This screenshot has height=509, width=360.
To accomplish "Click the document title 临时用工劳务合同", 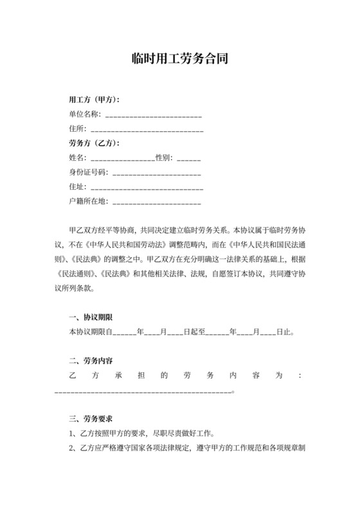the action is click(x=180, y=59).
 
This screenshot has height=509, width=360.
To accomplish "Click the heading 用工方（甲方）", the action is click(x=94, y=100).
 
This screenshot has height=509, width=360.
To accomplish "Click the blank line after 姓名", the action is click(x=122, y=157).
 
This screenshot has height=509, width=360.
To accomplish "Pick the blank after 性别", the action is click(x=188, y=157).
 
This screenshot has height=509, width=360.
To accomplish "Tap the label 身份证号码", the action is click(x=88, y=172).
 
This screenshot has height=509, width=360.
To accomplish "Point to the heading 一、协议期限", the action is click(x=91, y=318).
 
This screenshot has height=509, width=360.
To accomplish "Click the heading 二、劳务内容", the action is click(x=91, y=361).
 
